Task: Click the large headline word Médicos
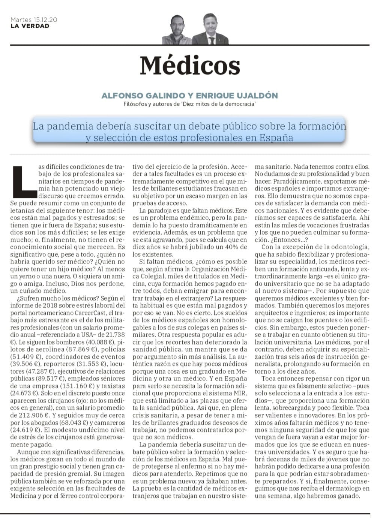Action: click(190, 66)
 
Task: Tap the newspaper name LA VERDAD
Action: click(30, 26)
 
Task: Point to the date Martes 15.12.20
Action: click(34, 20)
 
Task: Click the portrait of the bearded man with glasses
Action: click(177, 30)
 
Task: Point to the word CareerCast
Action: click(83, 313)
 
